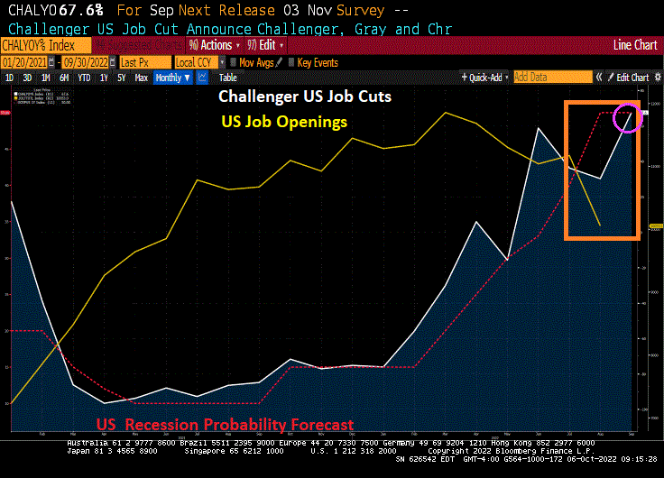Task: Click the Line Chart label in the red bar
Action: [635, 44]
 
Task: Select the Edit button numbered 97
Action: [264, 45]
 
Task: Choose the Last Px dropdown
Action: [143, 62]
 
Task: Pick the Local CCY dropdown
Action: [197, 62]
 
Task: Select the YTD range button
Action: [84, 78]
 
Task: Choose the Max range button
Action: [141, 78]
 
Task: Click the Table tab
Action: [228, 78]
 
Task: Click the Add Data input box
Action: [552, 78]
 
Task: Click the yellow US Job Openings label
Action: [284, 122]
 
